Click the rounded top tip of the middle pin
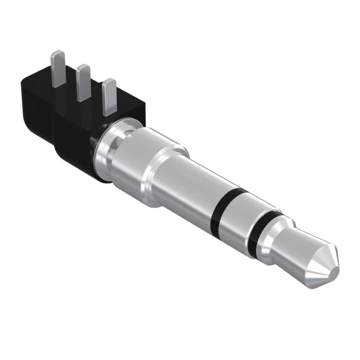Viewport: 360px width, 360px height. pos(84,67)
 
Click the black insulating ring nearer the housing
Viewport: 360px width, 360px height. pos(225,211)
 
